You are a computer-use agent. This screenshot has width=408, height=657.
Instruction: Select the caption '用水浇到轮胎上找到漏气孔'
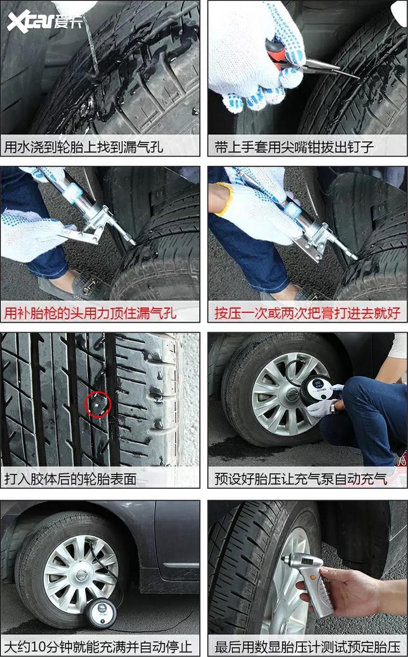(84, 147)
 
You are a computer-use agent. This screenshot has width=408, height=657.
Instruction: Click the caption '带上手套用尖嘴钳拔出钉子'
(295, 147)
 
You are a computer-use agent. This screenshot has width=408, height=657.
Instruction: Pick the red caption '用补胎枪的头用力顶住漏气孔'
(91, 313)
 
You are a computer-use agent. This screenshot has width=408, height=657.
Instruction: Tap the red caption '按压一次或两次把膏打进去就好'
(308, 313)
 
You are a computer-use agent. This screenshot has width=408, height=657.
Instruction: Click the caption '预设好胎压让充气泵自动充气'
(301, 479)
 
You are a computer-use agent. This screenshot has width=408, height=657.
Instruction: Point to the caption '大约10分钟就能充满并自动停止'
(98, 646)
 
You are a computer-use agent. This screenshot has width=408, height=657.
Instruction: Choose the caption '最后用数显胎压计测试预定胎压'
(308, 646)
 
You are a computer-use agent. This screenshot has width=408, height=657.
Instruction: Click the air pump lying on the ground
(101, 612)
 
